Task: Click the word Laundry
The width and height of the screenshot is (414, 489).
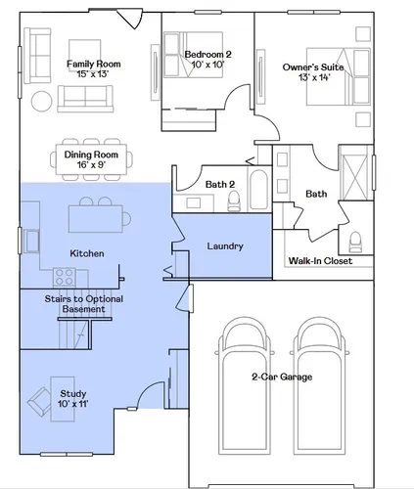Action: [x=225, y=246]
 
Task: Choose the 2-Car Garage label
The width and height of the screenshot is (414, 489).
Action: [x=282, y=377]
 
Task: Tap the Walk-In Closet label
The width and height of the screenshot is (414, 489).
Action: [x=320, y=261]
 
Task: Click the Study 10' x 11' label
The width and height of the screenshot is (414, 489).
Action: [x=73, y=398]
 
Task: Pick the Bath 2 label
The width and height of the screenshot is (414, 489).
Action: [x=220, y=185]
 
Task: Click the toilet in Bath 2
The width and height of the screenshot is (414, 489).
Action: [x=234, y=200]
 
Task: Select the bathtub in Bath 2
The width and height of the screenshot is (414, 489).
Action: [x=258, y=190]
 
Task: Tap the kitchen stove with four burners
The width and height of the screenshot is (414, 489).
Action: [x=65, y=277]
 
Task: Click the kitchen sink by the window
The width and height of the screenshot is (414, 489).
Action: [x=31, y=241]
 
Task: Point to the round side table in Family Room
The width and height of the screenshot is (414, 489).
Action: [x=41, y=102]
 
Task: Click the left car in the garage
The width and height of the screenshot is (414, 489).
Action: [x=245, y=386]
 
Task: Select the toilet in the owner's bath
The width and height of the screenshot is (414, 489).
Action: [x=355, y=243]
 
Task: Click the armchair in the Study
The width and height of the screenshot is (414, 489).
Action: [x=39, y=402]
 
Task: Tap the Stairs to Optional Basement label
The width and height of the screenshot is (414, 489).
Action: [x=84, y=304]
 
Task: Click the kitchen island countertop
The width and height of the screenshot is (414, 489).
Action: [x=96, y=218]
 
